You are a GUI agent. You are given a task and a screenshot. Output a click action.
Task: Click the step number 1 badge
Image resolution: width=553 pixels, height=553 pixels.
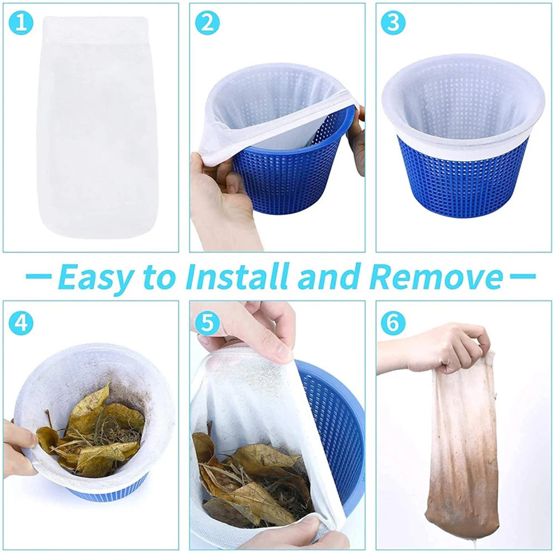(x=22, y=24)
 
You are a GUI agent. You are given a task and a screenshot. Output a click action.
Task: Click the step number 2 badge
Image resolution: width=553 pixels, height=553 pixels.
(x=208, y=24)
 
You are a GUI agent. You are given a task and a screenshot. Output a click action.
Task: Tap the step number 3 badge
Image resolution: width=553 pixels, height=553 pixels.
(x=393, y=24)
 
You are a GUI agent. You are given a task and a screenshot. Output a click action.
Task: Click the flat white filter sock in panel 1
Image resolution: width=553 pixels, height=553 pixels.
(x=93, y=138)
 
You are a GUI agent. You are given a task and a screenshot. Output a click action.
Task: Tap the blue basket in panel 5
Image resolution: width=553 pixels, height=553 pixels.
(x=337, y=420)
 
